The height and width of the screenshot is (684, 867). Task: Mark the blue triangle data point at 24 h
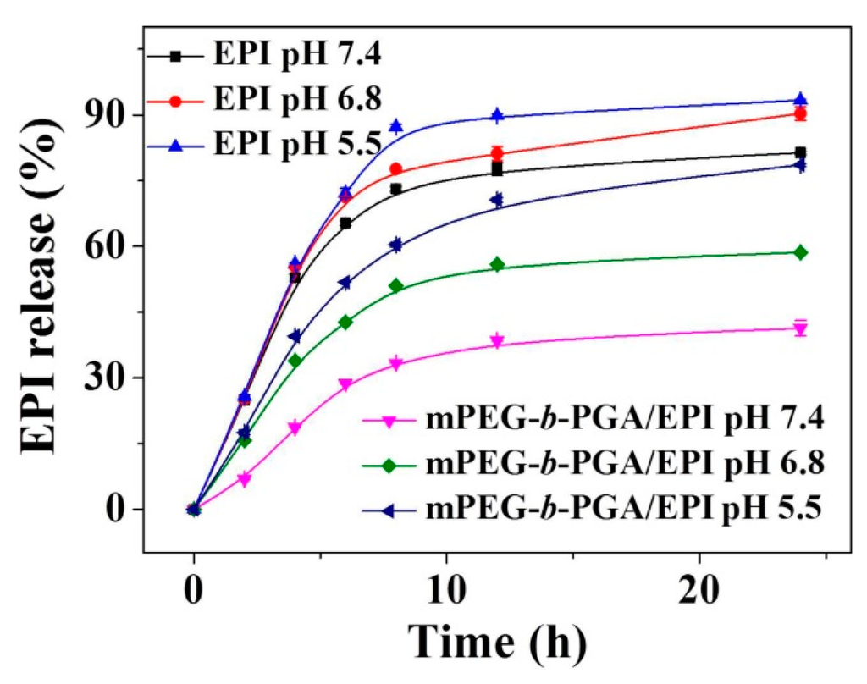click(x=800, y=100)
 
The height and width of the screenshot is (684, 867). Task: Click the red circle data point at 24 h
click(x=800, y=113)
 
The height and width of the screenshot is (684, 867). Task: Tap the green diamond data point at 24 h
click(x=800, y=252)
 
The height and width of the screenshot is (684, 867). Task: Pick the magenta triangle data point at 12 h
click(x=497, y=342)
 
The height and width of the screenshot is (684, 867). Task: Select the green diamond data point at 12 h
click(x=497, y=265)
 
